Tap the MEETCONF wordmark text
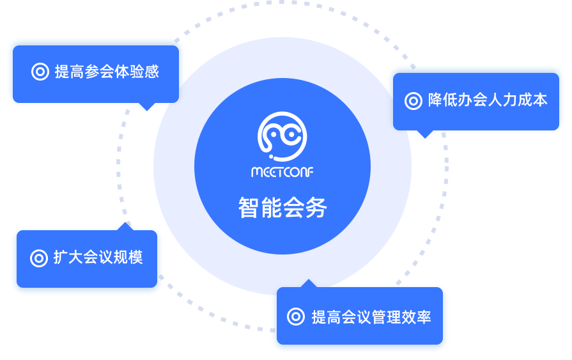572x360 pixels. coord(282,173)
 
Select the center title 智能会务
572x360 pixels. coord(282,208)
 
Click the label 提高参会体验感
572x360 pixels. coord(107,72)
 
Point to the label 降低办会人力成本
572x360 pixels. coord(488,100)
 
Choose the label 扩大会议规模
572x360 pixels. coord(98,258)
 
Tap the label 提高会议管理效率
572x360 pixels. coord(371,317)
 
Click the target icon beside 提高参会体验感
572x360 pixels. coord(40,72)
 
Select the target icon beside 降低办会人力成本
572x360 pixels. coord(414,101)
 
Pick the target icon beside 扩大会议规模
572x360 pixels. coord(39,258)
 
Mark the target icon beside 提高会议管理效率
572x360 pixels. coord(295,317)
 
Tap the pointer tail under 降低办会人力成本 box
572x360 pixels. coord(424,134)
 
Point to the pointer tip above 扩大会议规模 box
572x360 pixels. coord(123,224)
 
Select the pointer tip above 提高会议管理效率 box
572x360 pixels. coord(309,283)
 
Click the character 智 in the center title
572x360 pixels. coord(249,208)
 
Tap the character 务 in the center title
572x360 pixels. coord(316,208)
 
